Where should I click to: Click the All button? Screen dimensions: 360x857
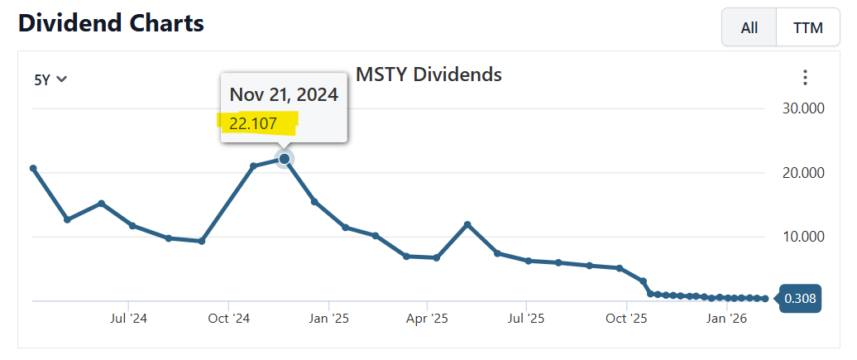click(x=749, y=27)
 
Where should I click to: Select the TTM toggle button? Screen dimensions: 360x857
click(x=808, y=27)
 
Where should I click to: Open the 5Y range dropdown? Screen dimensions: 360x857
click(x=50, y=79)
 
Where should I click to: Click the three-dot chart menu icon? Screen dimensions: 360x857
click(x=805, y=78)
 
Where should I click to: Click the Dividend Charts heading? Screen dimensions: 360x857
click(x=111, y=23)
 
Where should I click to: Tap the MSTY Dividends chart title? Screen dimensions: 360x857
click(x=428, y=74)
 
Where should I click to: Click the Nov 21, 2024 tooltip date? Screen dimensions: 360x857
click(x=284, y=94)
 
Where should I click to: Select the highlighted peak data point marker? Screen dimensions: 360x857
click(x=285, y=158)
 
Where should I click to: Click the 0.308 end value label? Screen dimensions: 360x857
click(x=799, y=299)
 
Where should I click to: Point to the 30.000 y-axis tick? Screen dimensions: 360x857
click(x=803, y=109)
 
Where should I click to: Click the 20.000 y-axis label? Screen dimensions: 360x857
click(x=803, y=173)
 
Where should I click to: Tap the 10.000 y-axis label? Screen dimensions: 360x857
click(x=803, y=237)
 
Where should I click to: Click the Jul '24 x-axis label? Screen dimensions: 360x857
click(x=128, y=318)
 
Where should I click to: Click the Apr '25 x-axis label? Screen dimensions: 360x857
click(x=428, y=318)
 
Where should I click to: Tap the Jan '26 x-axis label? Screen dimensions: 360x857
click(x=726, y=318)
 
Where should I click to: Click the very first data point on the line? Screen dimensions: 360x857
click(x=33, y=168)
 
